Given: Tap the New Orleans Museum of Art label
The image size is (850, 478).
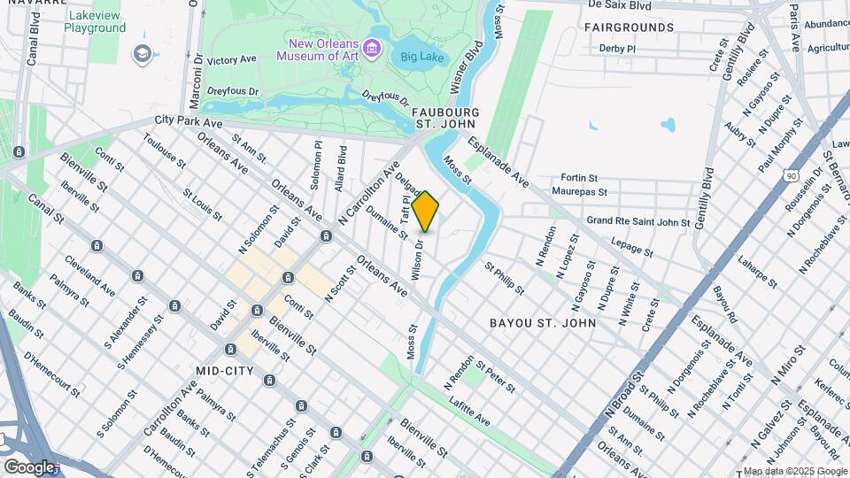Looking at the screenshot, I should pos(327,49).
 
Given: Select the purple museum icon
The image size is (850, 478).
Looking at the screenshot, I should pos(374,49).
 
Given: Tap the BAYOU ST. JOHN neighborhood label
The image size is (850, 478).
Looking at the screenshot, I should pos(543,323).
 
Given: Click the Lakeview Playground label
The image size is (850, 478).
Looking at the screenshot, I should pos(95,21).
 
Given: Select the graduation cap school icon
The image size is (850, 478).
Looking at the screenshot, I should pos(141,54).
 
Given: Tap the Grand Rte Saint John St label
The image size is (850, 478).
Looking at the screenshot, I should pos(637,221).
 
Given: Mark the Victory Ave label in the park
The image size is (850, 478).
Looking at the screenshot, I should pos(231,60).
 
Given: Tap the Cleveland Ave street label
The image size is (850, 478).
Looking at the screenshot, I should pos(89,276).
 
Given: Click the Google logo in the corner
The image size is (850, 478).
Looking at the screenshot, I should pos(30,466).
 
